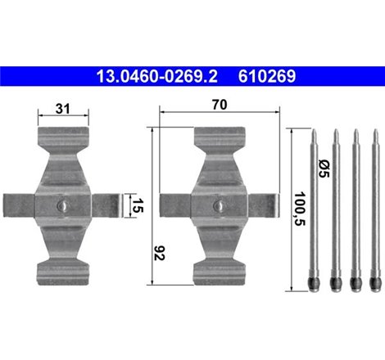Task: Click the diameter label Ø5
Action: tap(322, 168)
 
